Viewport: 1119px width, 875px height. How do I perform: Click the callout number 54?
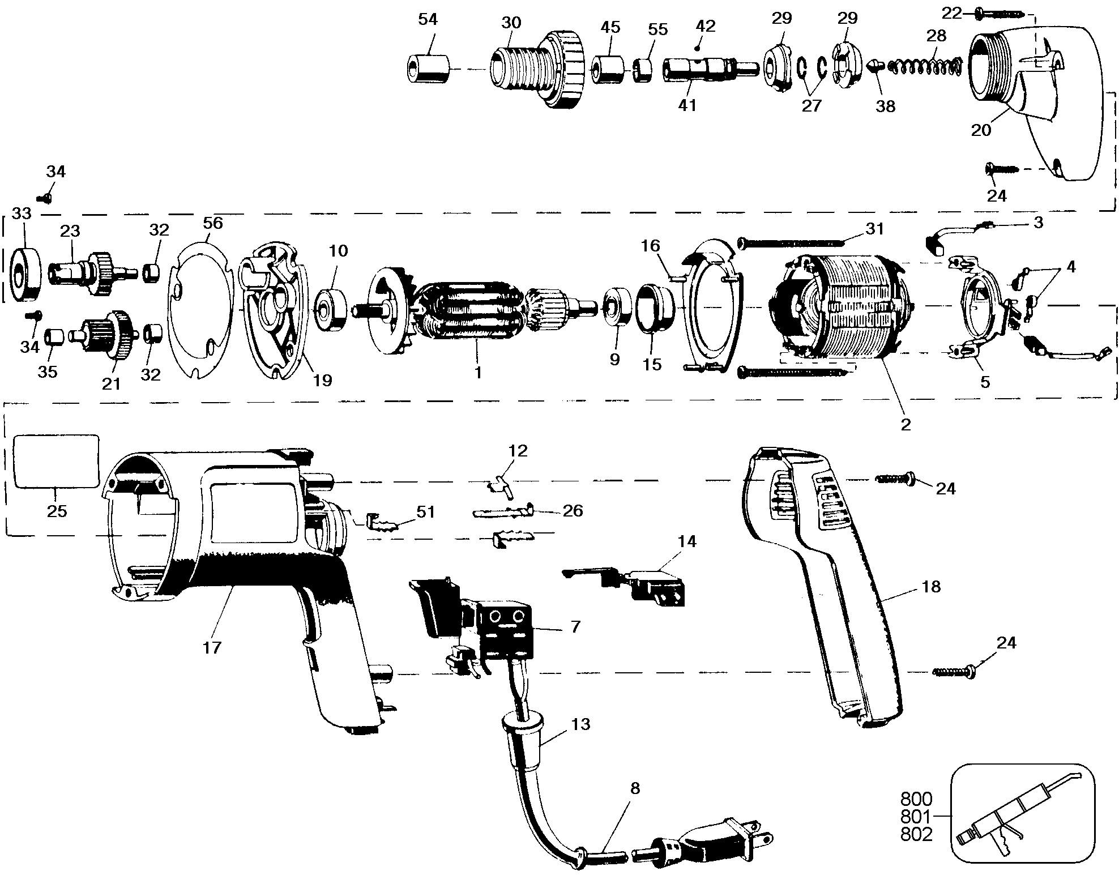428,20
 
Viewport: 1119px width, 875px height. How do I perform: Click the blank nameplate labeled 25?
55,461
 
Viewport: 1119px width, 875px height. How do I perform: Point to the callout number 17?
212,647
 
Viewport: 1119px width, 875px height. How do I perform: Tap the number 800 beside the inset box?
916,799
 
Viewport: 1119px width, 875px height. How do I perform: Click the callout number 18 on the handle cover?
931,586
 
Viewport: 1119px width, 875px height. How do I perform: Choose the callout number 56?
213,223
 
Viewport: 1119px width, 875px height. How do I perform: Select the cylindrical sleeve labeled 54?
428,69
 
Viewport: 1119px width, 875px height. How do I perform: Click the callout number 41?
687,105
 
